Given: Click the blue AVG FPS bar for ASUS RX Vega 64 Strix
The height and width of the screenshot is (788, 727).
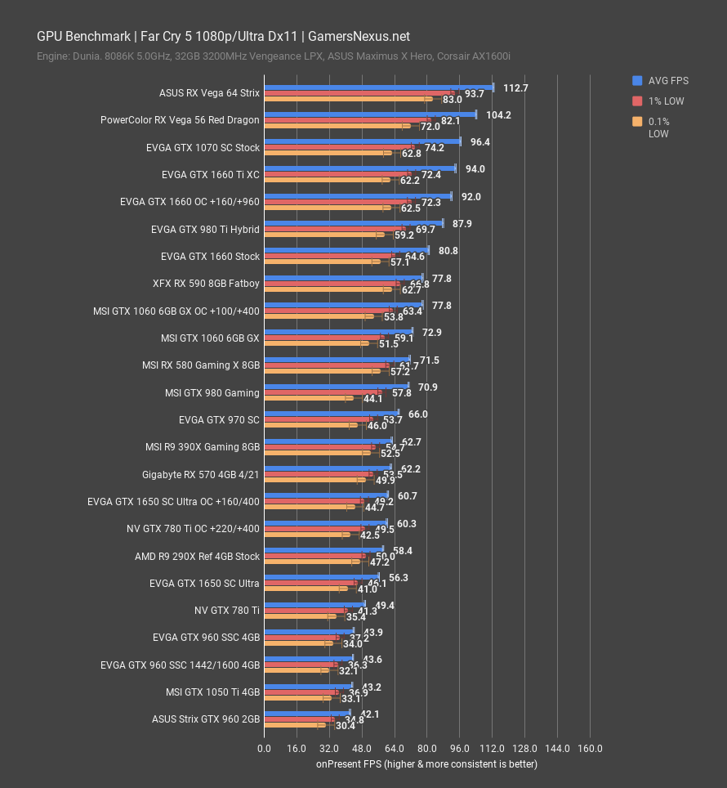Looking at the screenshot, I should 377,87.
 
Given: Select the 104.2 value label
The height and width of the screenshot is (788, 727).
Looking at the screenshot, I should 498,114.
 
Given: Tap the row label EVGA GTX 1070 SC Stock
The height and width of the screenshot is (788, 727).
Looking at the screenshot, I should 202,148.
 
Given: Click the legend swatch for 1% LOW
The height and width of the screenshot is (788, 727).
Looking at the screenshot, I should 637,101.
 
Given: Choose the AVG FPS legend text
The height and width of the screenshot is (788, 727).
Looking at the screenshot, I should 668,80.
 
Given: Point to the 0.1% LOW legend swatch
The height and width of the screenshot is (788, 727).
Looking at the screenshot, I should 637,122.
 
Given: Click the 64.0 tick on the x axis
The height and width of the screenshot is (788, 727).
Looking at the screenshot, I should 394,749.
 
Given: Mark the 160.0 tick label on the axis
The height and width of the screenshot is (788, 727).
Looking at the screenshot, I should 590,749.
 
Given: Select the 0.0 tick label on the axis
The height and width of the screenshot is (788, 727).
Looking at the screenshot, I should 264,749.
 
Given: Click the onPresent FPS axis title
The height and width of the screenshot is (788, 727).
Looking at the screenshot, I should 426,764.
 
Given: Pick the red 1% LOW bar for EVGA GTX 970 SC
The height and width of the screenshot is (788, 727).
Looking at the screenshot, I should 318,420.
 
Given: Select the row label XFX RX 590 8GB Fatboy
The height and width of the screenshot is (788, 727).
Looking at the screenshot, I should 205,284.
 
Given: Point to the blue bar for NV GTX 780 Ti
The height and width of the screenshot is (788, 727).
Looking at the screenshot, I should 314,604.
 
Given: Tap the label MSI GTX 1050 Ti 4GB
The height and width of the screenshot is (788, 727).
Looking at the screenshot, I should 212,692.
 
